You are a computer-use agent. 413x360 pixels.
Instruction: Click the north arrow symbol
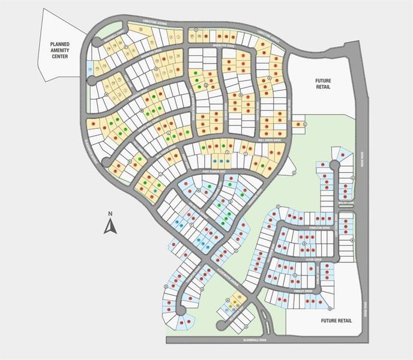pos(110,226)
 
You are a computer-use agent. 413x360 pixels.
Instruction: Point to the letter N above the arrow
pos(110,214)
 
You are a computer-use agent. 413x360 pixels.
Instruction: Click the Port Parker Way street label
pos(213,172)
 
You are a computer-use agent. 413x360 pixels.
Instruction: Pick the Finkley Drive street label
pos(304,291)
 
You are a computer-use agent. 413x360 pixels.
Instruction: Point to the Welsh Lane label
pos(347,203)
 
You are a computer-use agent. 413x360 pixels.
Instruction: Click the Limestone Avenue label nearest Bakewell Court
pos(154,24)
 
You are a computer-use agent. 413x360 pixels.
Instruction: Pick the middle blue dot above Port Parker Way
pos(222,162)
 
